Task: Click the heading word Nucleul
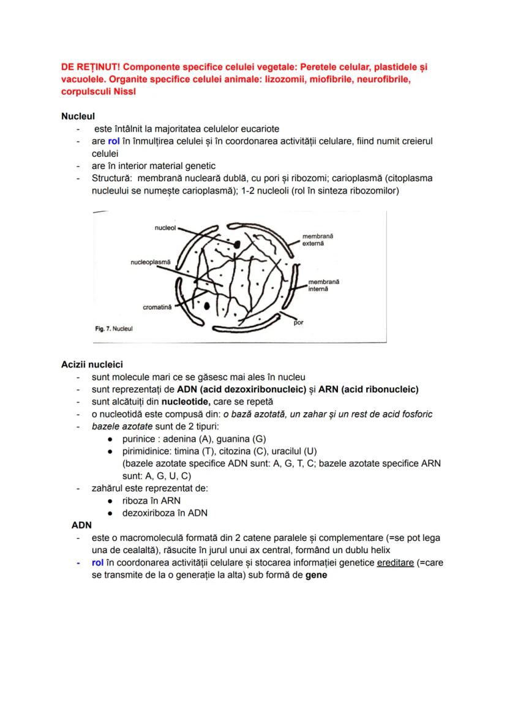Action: pyautogui.click(x=78, y=116)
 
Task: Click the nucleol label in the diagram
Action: pyautogui.click(x=165, y=227)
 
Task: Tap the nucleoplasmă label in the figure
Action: pyautogui.click(x=151, y=262)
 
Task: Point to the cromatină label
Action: pyautogui.click(x=157, y=307)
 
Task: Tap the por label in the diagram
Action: pyautogui.click(x=298, y=322)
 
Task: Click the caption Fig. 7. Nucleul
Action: pyautogui.click(x=114, y=329)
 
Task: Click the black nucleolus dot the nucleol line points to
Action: pyautogui.click(x=236, y=244)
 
